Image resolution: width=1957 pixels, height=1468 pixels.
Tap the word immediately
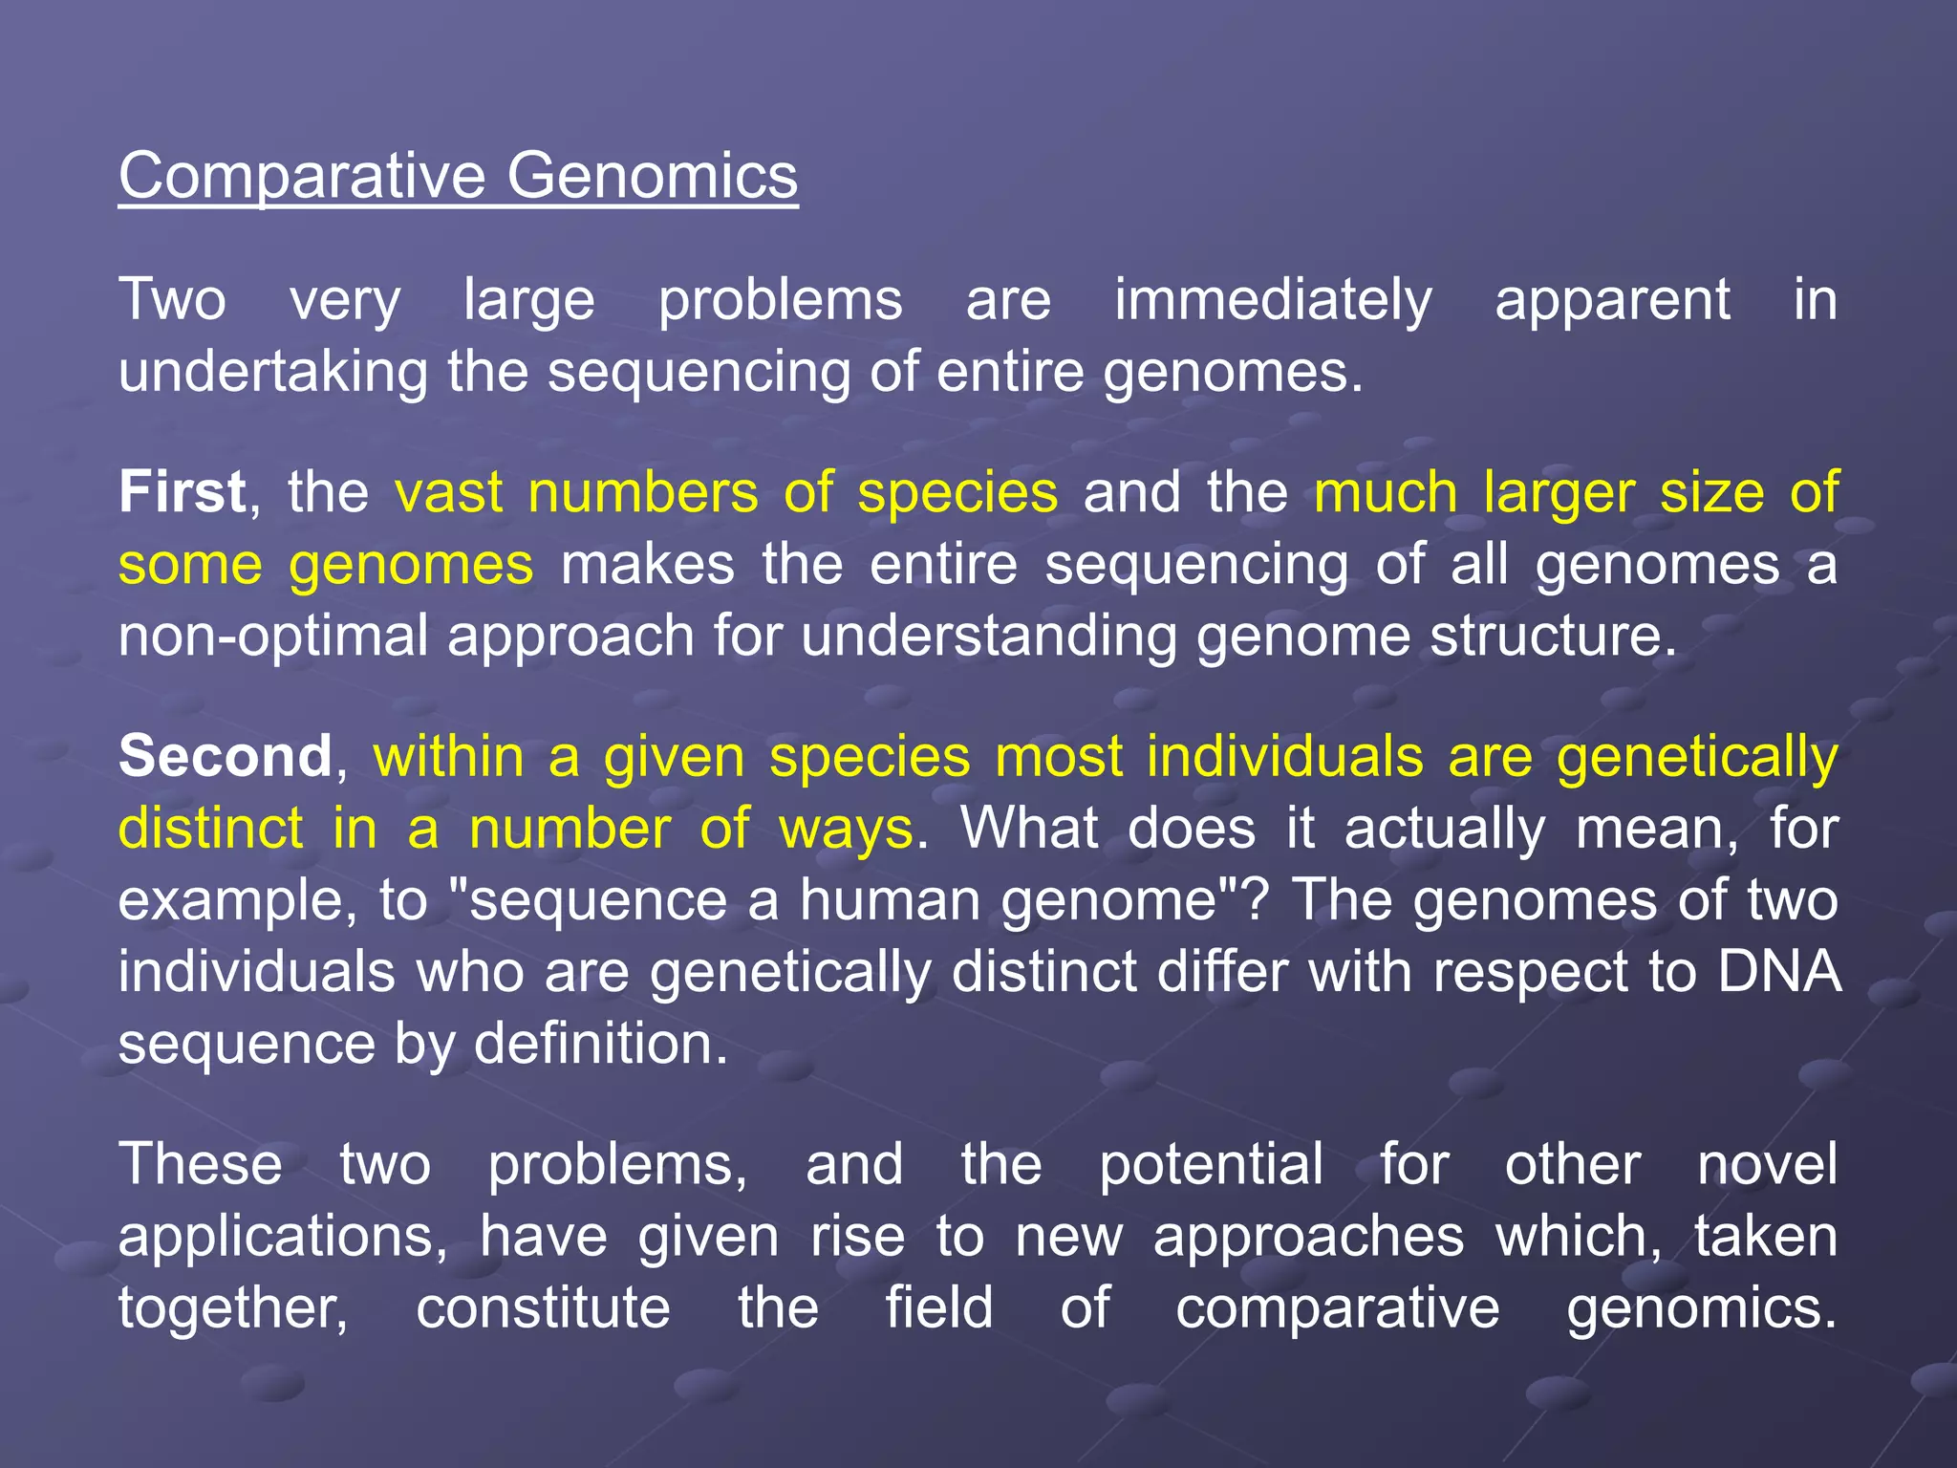point(1273,300)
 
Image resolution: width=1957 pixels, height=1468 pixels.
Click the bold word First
point(183,492)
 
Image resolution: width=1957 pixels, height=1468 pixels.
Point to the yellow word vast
point(449,492)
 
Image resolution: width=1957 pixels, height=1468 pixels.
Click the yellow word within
point(448,756)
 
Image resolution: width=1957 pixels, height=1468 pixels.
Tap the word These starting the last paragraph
point(201,1164)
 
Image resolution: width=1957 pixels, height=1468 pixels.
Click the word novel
point(1767,1164)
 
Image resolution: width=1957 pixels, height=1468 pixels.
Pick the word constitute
point(543,1307)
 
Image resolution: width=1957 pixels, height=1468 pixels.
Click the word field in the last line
point(938,1307)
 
